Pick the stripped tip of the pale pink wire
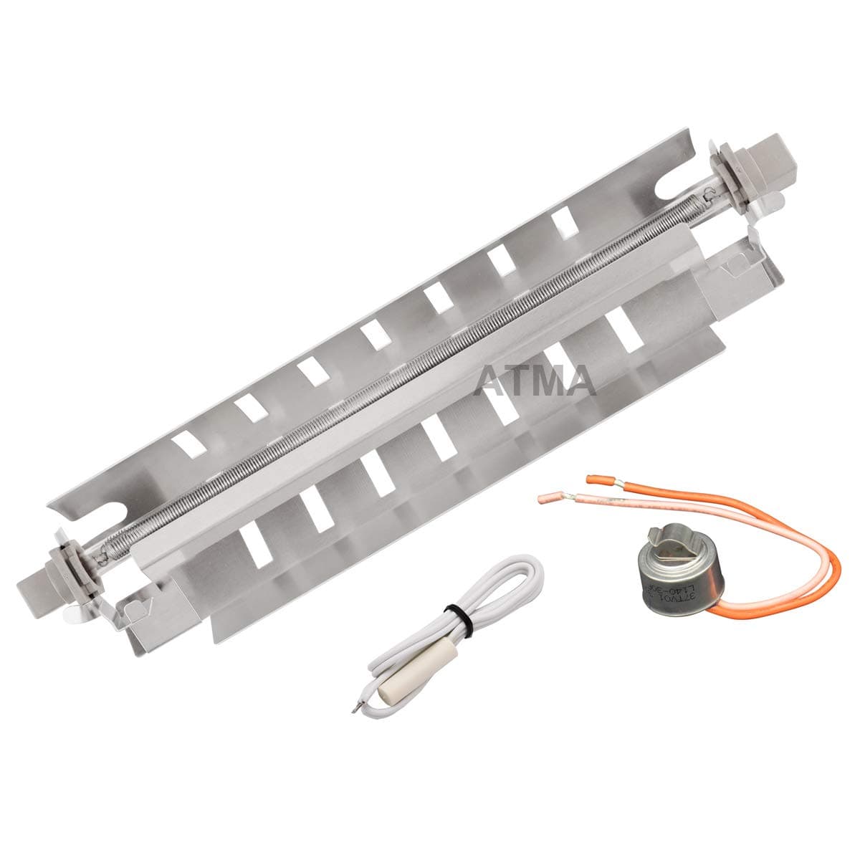point(553,496)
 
